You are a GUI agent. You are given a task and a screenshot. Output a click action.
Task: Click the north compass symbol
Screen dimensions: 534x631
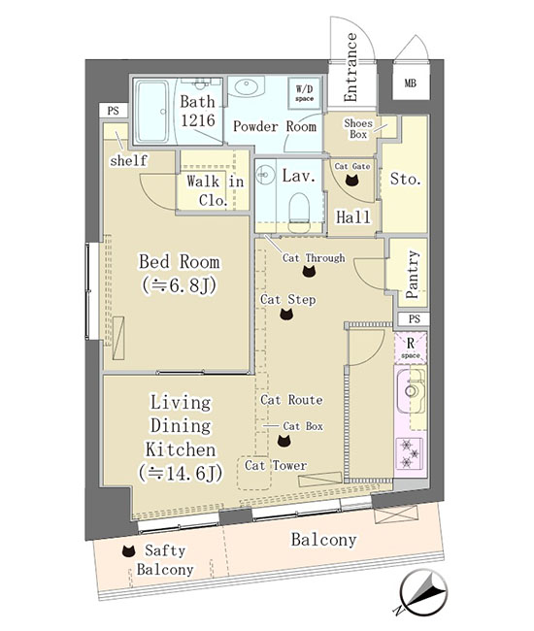click(x=422, y=592)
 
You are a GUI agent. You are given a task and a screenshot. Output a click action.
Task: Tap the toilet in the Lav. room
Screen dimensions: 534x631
click(x=299, y=213)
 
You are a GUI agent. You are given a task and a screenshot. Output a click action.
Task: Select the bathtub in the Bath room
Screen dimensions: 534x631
click(x=151, y=112)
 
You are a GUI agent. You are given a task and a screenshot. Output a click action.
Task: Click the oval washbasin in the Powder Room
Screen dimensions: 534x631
click(x=246, y=87)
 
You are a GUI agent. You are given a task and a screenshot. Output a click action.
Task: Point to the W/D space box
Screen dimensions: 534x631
click(x=305, y=93)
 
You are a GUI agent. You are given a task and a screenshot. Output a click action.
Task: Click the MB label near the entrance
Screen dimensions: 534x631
click(x=410, y=83)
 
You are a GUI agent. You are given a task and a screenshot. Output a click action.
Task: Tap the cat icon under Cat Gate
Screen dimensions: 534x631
click(x=352, y=181)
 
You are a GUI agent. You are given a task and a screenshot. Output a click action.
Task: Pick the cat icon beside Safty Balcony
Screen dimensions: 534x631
click(x=128, y=551)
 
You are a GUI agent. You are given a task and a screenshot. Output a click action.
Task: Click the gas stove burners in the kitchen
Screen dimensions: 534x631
click(x=410, y=453)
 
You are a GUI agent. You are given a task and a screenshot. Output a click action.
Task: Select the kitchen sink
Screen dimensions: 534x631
click(x=411, y=390)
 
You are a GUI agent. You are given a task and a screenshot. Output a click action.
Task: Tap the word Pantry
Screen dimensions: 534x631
click(x=413, y=274)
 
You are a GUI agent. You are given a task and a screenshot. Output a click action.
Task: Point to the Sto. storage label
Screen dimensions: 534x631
click(x=405, y=179)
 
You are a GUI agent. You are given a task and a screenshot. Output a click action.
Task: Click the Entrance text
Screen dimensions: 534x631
click(x=350, y=67)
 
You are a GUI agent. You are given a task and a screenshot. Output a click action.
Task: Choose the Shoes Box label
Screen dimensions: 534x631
click(x=358, y=128)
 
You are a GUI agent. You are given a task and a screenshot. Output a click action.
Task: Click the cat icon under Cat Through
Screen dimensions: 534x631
click(x=309, y=272)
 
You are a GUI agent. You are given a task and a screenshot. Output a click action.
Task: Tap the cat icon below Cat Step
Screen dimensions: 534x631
click(x=286, y=314)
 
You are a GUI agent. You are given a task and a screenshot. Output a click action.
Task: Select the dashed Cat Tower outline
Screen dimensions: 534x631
click(x=254, y=473)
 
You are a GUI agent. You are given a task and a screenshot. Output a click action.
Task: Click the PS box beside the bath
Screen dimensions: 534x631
click(x=114, y=111)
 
